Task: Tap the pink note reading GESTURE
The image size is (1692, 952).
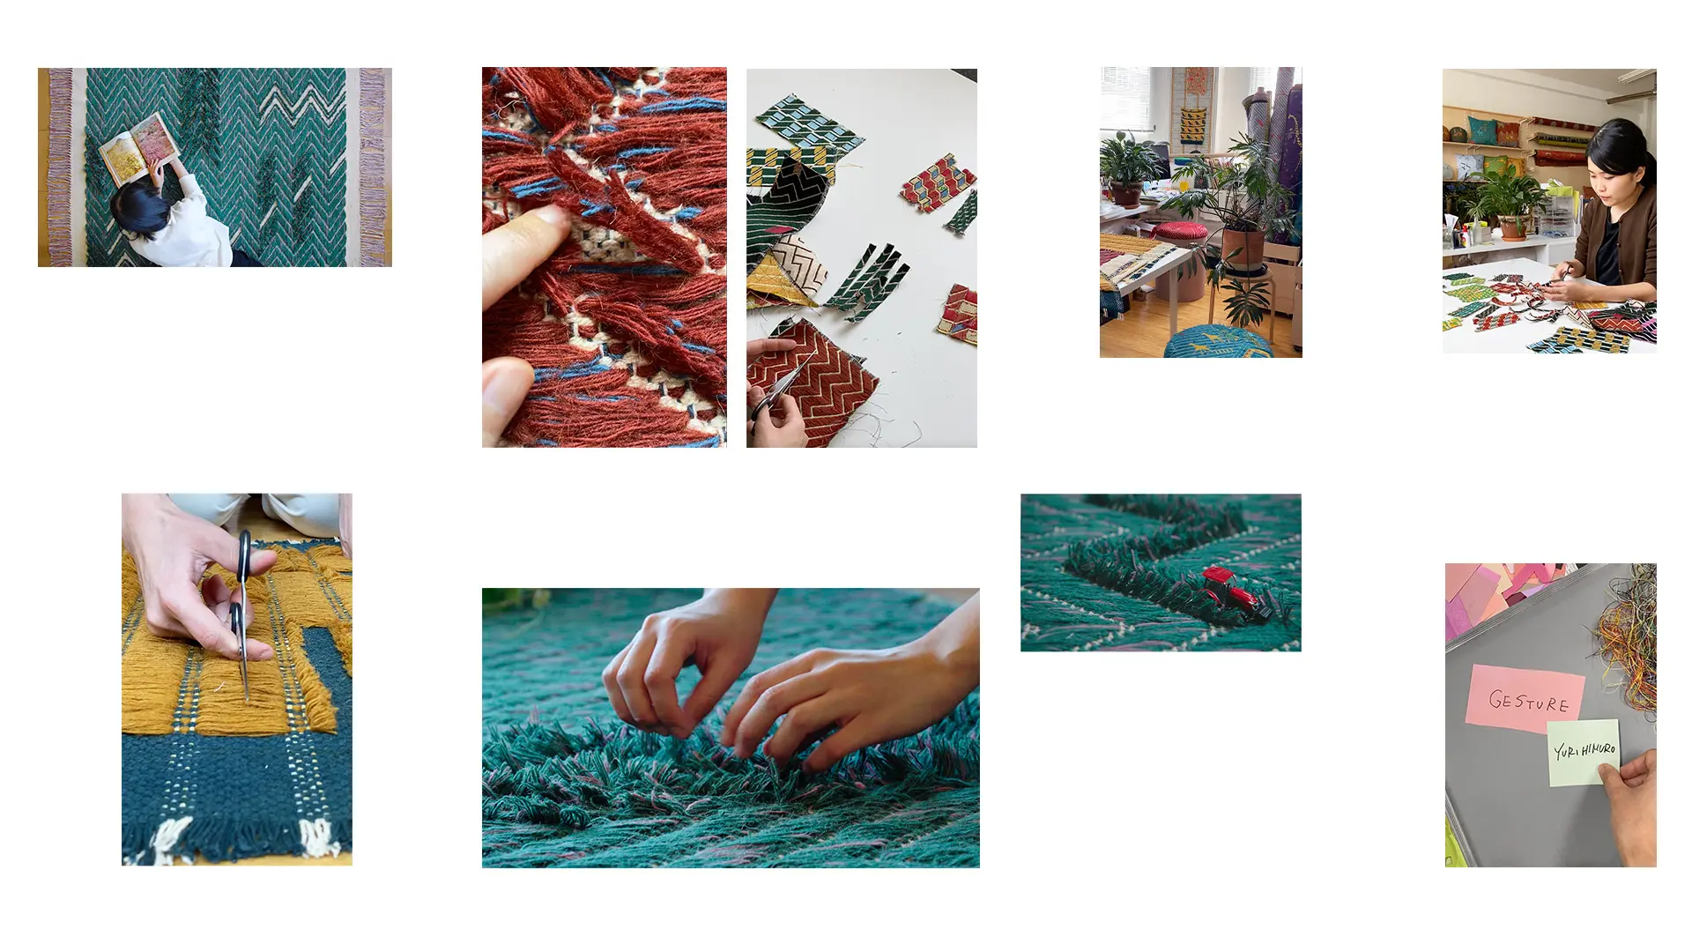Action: pos(1525,697)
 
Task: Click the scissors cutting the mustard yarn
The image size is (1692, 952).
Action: pos(240,613)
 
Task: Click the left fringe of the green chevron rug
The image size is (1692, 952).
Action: pos(60,167)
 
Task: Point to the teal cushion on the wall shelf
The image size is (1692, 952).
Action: pos(1482,130)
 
